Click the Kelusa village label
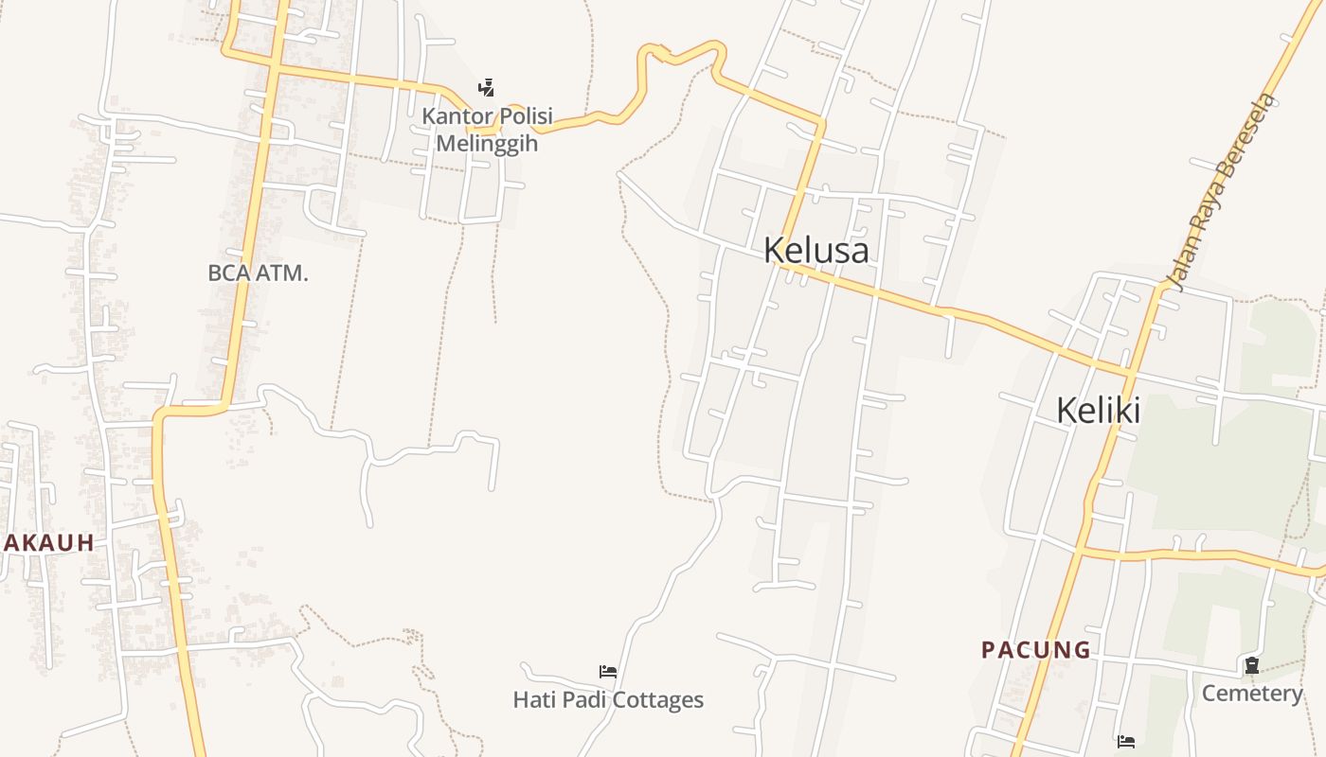pos(815,251)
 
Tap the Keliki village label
pos(1098,411)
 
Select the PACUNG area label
pos(1035,650)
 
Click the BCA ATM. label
pos(258,273)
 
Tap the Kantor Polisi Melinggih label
pos(487,131)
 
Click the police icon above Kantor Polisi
pos(486,88)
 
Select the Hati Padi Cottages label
pos(608,700)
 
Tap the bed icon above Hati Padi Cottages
pos(608,672)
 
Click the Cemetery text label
pos(1252,694)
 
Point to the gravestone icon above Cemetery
pos(1252,665)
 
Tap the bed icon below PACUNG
pos(1125,741)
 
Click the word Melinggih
pos(487,144)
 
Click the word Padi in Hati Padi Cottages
pos(583,700)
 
